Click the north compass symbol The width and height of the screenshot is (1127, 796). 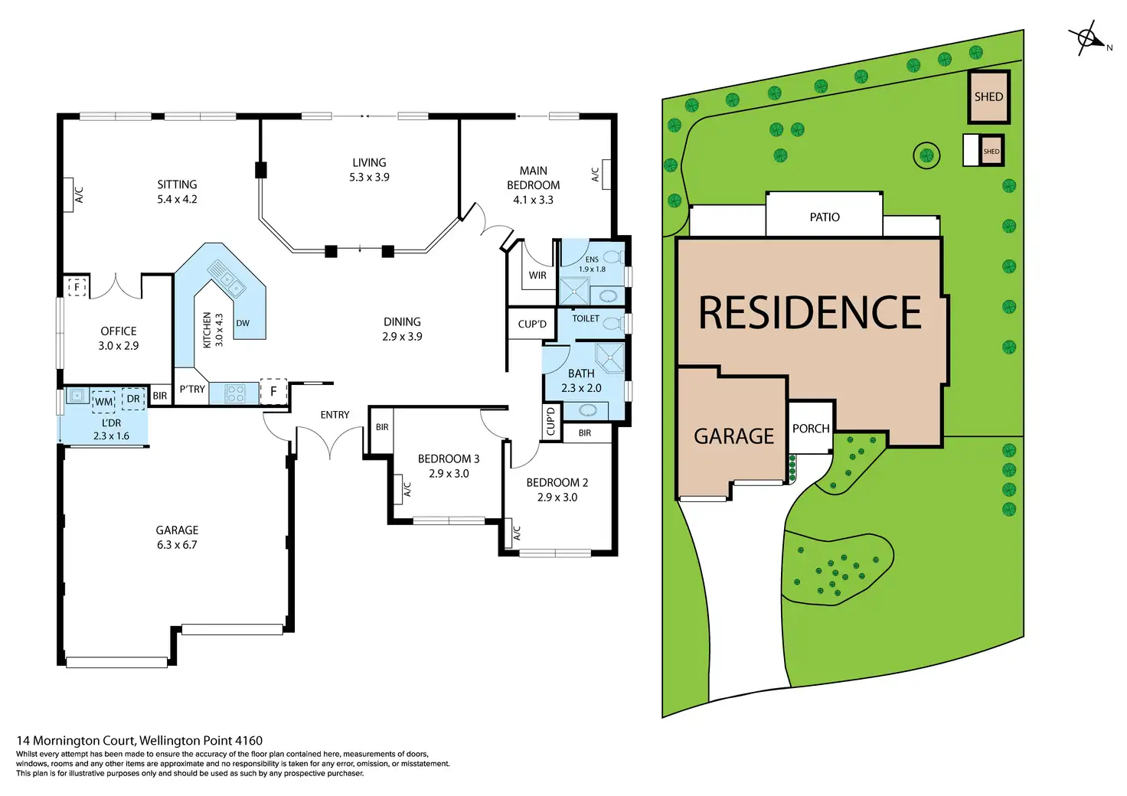(x=1086, y=38)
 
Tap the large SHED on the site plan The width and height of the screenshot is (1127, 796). (x=988, y=97)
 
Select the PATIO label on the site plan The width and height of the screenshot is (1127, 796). (x=825, y=217)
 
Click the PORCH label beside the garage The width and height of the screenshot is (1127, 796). (x=811, y=429)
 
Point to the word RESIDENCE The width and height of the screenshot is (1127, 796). (x=810, y=313)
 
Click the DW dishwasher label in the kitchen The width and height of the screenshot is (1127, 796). (x=243, y=323)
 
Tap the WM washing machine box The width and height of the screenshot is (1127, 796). (x=103, y=401)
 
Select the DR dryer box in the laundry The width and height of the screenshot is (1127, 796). (x=133, y=399)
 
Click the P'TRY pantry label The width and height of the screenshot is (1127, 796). (x=192, y=390)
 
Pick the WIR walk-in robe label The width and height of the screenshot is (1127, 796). (x=537, y=276)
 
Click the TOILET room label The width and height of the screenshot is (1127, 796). (x=586, y=318)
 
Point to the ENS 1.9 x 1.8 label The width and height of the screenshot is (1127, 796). (x=592, y=264)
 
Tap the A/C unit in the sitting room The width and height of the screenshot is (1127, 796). (x=78, y=195)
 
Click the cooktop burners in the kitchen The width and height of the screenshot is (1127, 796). (x=235, y=393)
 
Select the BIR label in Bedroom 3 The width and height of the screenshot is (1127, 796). (x=382, y=427)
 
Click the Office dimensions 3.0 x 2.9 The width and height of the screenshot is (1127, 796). (x=119, y=346)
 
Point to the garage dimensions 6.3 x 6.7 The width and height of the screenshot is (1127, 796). (x=177, y=545)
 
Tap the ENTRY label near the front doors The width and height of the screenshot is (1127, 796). (x=335, y=415)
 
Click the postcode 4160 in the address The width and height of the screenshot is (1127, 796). (x=248, y=740)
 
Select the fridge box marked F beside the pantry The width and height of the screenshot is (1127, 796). (x=273, y=391)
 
